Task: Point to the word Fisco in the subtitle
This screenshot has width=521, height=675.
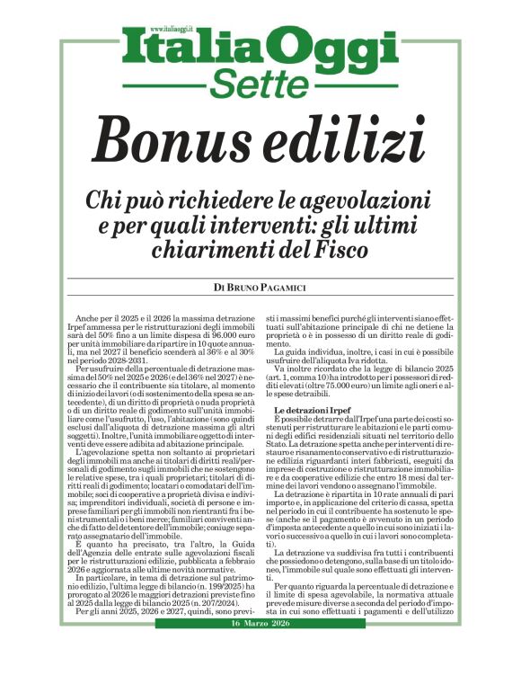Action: tap(347, 245)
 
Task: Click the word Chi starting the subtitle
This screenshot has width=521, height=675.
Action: tap(103, 198)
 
